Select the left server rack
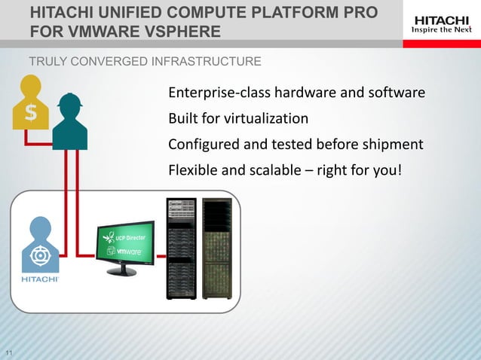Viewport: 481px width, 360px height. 181,249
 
